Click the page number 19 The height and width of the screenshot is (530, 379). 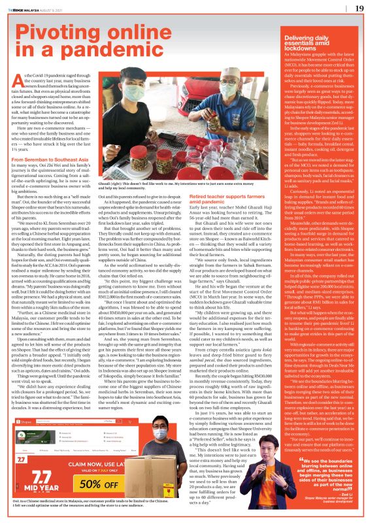359,8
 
